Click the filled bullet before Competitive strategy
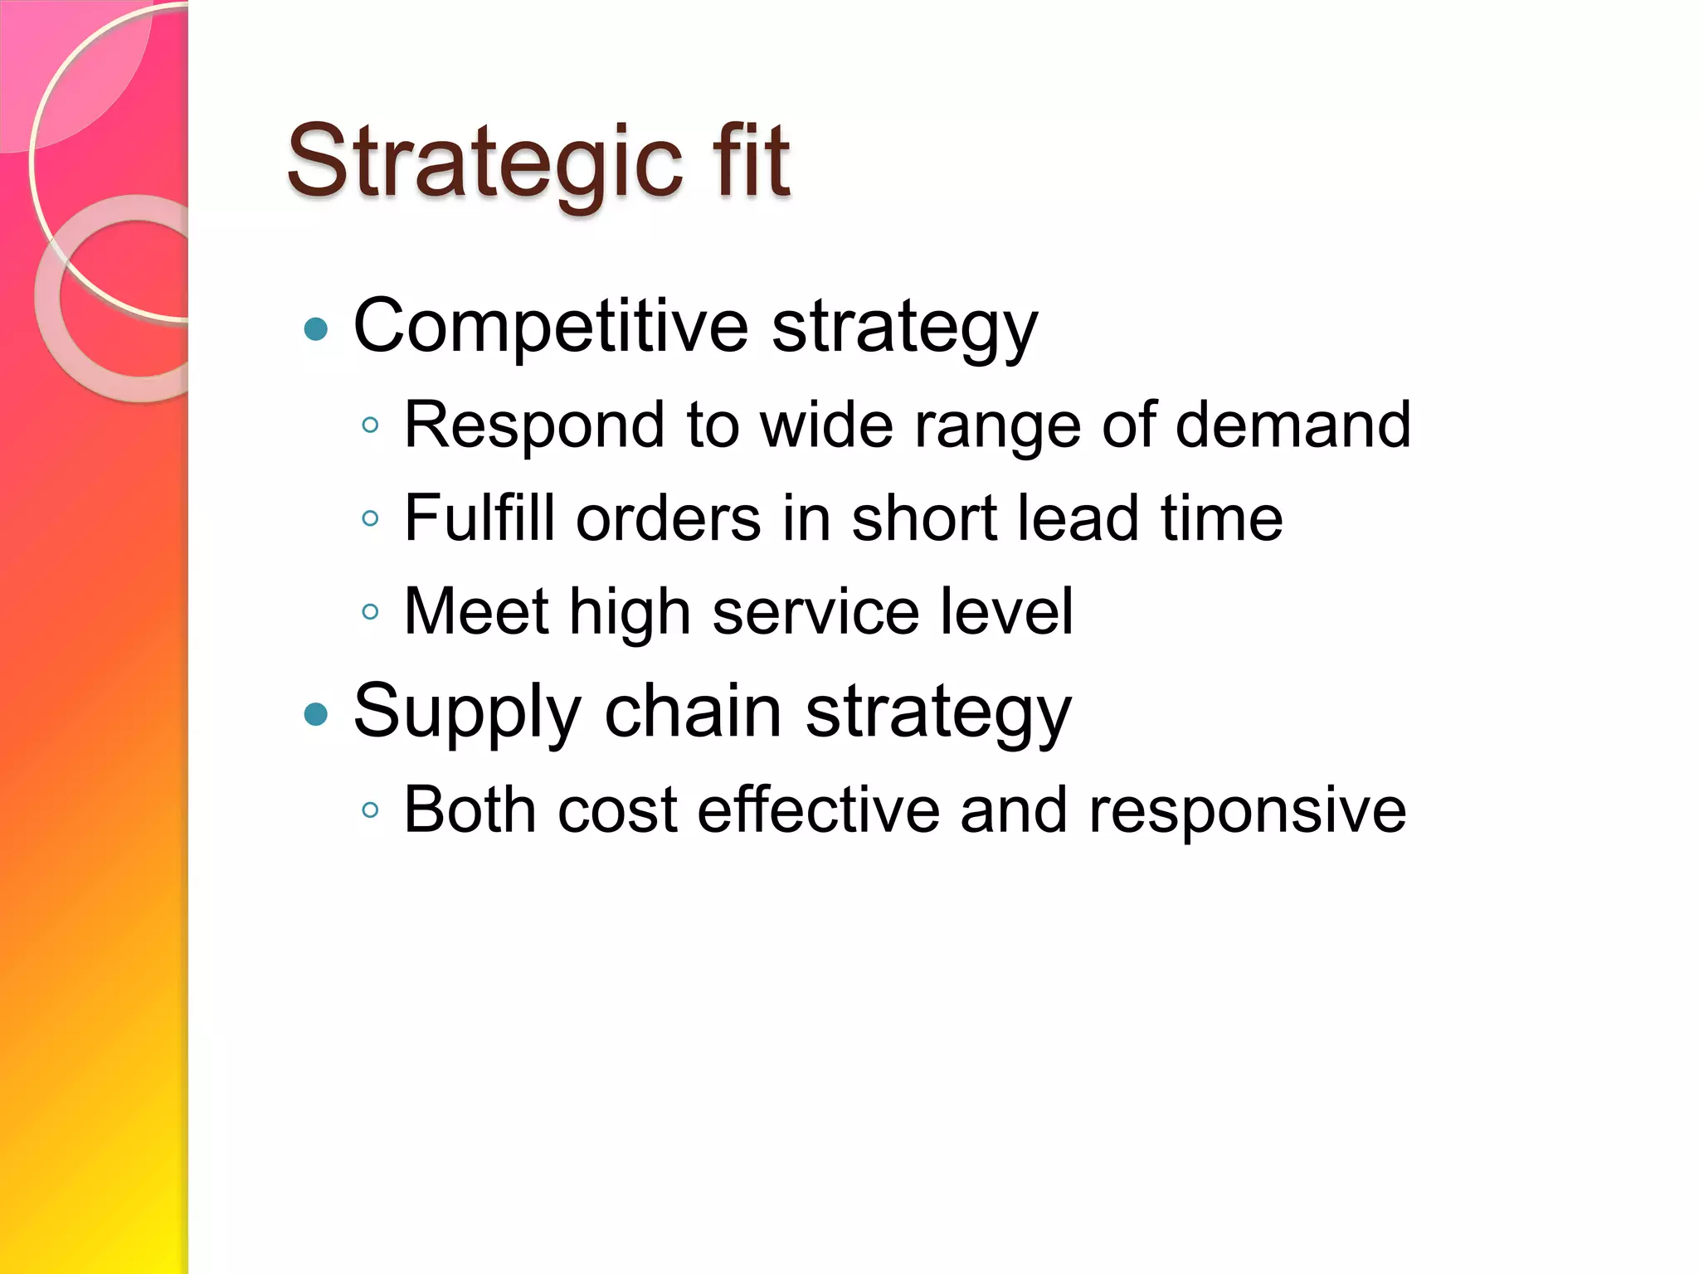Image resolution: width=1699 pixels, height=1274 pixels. pyautogui.click(x=316, y=330)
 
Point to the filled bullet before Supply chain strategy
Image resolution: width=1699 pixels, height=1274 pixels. pyautogui.click(x=316, y=713)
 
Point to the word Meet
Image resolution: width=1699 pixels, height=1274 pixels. pyautogui.click(x=476, y=612)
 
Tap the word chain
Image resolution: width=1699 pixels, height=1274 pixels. pyautogui.click(x=694, y=712)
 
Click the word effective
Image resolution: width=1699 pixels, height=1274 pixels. pyautogui.click(x=818, y=810)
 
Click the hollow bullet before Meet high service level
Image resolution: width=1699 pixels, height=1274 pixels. pyautogui.click(x=371, y=613)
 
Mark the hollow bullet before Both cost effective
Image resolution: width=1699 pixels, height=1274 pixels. pyautogui.click(x=371, y=810)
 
